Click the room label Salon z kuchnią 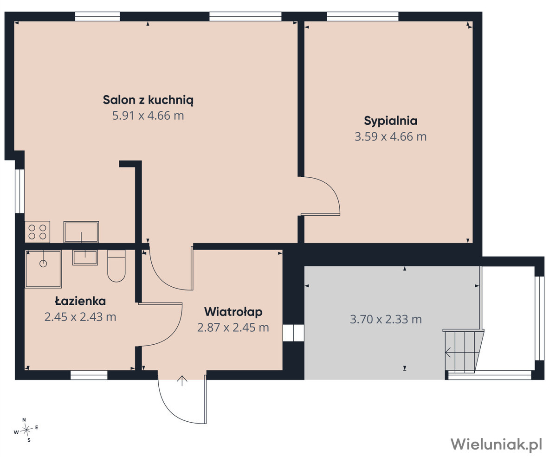[x=148, y=100]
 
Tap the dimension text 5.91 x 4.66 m [x=148, y=116]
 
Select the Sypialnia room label [x=391, y=121]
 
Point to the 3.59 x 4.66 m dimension [x=391, y=136]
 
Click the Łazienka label [x=80, y=301]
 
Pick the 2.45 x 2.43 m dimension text [x=80, y=317]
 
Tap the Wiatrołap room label [x=233, y=312]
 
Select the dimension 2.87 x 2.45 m [x=233, y=328]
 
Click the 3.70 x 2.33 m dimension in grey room [x=386, y=319]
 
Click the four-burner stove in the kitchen [x=38, y=232]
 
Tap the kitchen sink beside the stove [x=81, y=232]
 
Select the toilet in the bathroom [x=116, y=266]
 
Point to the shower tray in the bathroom [x=44, y=269]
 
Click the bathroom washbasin [x=85, y=257]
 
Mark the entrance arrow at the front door [x=182, y=381]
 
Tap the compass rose [x=26, y=430]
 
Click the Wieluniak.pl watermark [x=496, y=444]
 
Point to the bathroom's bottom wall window [x=89, y=375]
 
